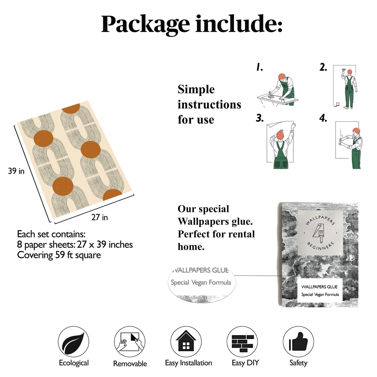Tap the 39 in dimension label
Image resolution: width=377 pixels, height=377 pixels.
point(16,171)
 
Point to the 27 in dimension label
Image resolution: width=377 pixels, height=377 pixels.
point(99,217)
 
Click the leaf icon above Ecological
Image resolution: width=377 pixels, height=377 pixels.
point(73,342)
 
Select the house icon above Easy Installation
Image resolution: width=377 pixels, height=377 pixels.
point(186,342)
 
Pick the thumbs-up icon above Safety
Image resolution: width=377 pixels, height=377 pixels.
point(298,342)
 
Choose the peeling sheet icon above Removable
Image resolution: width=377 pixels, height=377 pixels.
point(130,342)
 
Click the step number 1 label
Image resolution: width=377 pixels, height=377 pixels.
point(259,68)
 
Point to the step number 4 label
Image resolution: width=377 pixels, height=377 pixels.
point(323,118)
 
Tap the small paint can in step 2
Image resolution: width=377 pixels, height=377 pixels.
point(338,104)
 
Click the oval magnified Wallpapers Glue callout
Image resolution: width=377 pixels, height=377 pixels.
point(201,282)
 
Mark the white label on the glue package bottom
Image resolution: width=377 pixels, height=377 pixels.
point(320,290)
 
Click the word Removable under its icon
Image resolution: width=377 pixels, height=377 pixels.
point(130,364)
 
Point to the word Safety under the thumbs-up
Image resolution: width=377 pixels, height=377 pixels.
point(298,363)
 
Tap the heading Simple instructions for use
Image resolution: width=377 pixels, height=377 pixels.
point(209,104)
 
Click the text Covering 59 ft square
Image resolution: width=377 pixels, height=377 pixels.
point(59,255)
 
